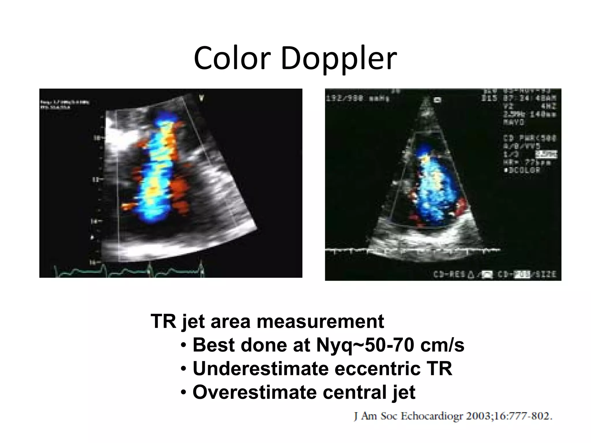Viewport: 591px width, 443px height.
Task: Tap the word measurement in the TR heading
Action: pos(320,321)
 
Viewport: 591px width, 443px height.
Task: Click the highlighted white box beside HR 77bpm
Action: pos(546,154)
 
